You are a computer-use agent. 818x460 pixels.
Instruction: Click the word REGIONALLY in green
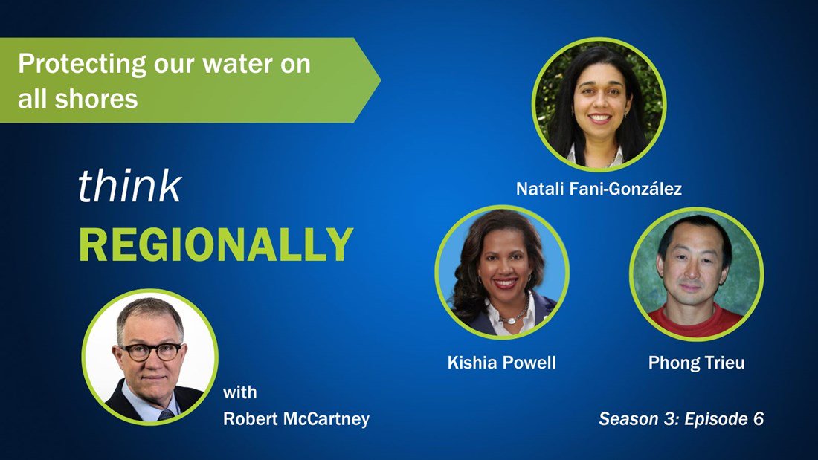click(216, 244)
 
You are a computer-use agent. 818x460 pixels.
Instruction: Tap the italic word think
click(130, 186)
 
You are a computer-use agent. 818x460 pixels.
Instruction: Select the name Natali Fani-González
click(599, 188)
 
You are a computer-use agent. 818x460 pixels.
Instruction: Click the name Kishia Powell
click(501, 363)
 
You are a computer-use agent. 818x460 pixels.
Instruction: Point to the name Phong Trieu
click(697, 363)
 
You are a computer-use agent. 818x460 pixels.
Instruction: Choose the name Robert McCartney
click(296, 418)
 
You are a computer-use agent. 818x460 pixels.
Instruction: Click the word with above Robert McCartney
click(240, 392)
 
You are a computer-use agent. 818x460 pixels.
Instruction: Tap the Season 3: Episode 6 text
click(681, 418)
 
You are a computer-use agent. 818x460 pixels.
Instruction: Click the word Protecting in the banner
click(82, 65)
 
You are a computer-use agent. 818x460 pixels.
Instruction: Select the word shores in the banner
click(97, 99)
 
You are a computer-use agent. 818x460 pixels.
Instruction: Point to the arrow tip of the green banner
click(380, 80)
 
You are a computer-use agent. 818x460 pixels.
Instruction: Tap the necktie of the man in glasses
click(166, 415)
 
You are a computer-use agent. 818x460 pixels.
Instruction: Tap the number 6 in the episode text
click(759, 418)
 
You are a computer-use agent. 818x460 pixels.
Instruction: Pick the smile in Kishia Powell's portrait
click(506, 283)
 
